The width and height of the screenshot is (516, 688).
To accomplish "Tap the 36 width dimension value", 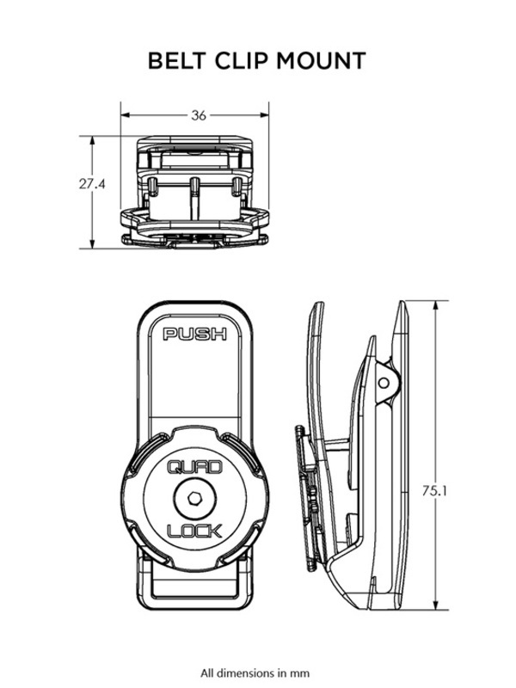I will click(x=199, y=115).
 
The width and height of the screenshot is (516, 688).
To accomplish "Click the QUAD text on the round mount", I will click(x=194, y=468).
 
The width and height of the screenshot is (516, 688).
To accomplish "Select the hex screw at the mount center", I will click(x=194, y=498).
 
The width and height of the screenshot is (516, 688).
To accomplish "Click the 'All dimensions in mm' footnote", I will click(x=255, y=673).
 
